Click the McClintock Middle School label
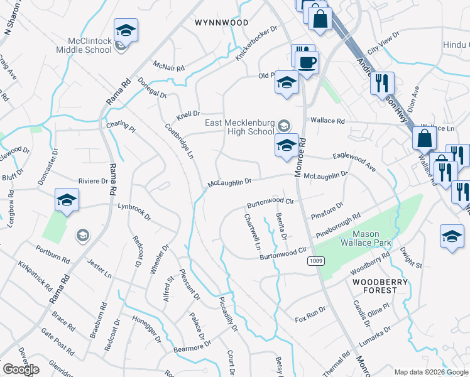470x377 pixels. pos(84,45)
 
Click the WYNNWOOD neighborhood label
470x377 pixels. pos(221,23)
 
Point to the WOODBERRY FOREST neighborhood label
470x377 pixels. pos(374,286)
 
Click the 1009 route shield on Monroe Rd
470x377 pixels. pos(315,260)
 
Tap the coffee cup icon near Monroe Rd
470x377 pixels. pos(308,63)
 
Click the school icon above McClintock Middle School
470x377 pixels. pos(126,30)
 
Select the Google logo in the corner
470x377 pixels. pos(21,369)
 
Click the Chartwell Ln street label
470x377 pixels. pos(252,232)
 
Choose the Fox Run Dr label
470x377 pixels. pos(311,314)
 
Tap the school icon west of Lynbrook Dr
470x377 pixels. pos(67,200)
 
